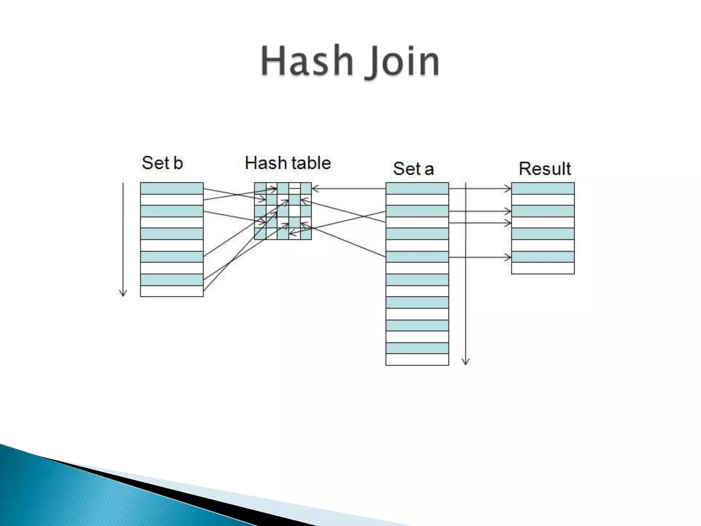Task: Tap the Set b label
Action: [x=162, y=163]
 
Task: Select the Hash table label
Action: [x=288, y=163]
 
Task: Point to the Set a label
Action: [x=413, y=168]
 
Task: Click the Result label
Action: [x=545, y=168]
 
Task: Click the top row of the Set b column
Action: [x=172, y=188]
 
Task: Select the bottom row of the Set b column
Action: [x=172, y=291]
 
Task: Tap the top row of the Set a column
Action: [x=417, y=188]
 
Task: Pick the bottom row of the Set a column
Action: [x=417, y=360]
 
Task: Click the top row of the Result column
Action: [x=543, y=188]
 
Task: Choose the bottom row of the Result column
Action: [x=543, y=268]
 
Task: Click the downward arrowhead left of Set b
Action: [x=123, y=293]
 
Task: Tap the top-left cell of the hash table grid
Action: [x=260, y=188]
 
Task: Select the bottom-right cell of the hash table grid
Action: [x=306, y=234]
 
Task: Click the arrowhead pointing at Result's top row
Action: [x=508, y=188]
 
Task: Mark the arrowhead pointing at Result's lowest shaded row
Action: [x=508, y=257]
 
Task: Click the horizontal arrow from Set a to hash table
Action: [x=349, y=188]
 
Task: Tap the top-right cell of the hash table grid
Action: [x=306, y=188]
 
